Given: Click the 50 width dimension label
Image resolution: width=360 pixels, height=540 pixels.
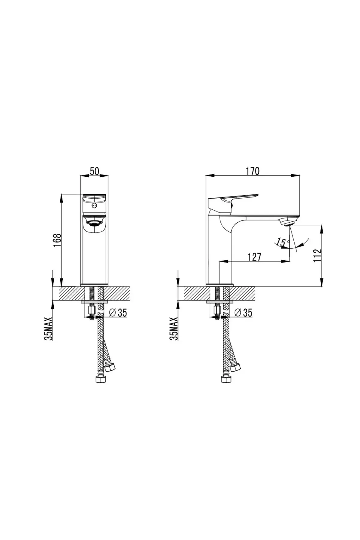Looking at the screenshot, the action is click(94, 171).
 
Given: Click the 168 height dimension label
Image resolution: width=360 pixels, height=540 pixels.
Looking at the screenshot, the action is click(57, 240).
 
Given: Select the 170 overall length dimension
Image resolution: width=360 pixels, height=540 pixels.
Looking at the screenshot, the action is click(253, 171).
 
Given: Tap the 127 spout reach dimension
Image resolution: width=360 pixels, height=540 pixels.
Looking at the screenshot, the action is click(255, 257).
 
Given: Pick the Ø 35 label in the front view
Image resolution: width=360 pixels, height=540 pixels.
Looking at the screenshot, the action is click(118, 313).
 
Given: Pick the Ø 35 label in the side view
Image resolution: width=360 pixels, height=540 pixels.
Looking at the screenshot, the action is click(243, 313).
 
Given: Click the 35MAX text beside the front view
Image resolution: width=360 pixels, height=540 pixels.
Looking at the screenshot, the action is click(48, 328).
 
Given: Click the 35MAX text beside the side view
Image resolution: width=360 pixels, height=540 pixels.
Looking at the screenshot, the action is click(174, 328).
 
